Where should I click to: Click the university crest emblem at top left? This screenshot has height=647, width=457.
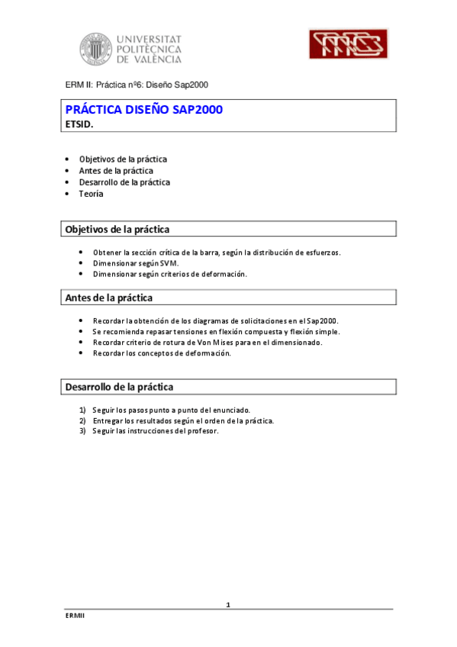click(x=95, y=48)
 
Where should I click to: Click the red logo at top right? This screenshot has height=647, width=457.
click(x=347, y=44)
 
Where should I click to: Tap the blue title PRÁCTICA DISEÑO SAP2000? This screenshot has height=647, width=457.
click(x=143, y=110)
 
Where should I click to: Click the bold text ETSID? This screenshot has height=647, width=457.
click(x=79, y=124)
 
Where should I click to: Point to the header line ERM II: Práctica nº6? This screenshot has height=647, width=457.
click(x=137, y=85)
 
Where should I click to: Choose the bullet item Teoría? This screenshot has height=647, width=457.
click(x=91, y=194)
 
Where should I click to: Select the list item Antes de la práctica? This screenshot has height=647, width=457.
click(x=115, y=171)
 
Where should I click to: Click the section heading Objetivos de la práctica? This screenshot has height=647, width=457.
click(x=117, y=229)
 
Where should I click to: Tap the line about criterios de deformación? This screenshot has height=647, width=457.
click(x=169, y=274)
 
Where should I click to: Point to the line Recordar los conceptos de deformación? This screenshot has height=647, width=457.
click(x=161, y=353)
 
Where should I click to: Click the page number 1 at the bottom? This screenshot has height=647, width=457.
click(x=228, y=604)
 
